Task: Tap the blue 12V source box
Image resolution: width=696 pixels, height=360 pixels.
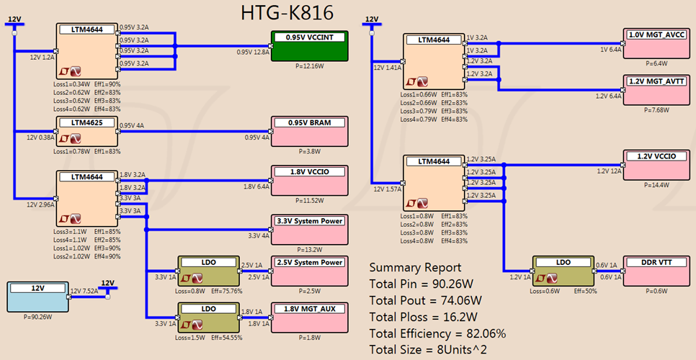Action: pos(37,296)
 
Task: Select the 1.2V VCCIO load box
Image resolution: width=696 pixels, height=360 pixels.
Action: pos(656,165)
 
